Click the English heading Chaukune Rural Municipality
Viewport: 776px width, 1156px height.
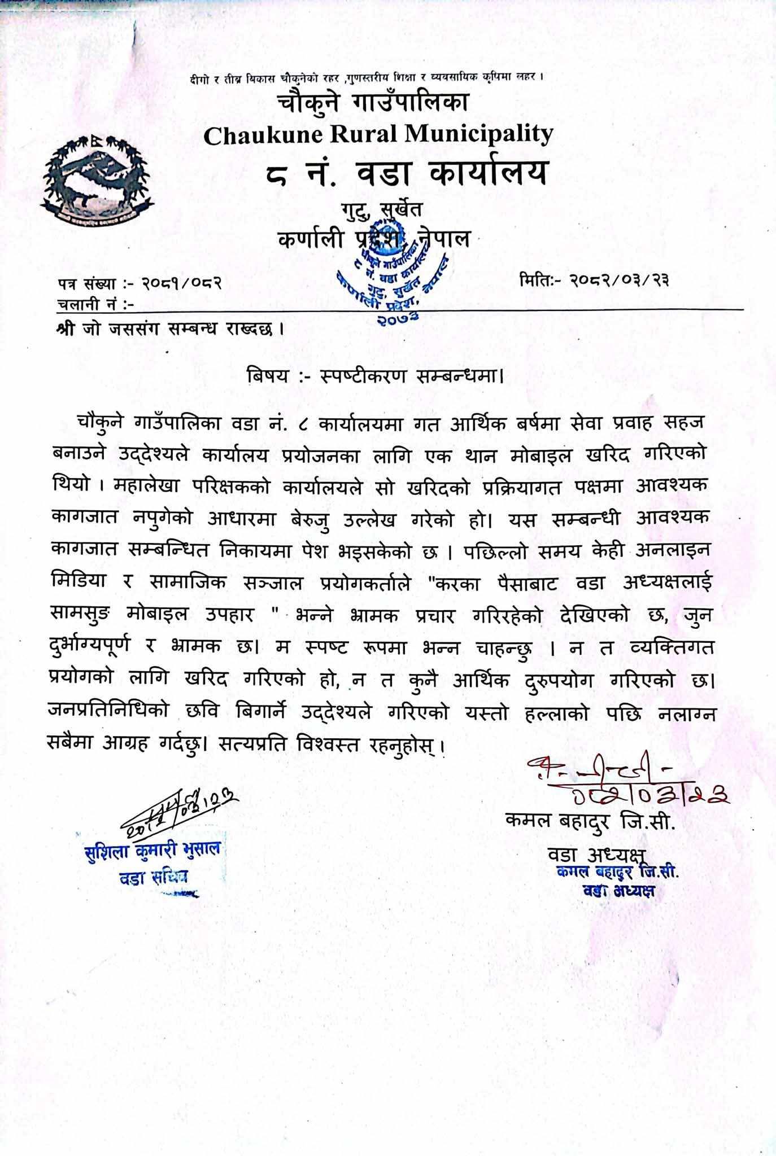click(378, 134)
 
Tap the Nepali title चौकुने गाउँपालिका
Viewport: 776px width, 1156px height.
click(373, 103)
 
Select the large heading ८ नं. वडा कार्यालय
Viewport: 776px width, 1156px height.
click(406, 172)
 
